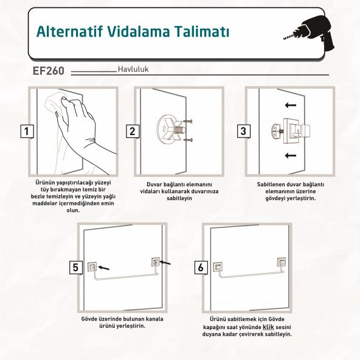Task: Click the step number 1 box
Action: (x=26, y=131)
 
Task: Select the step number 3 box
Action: (x=243, y=131)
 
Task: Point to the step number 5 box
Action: (x=75, y=267)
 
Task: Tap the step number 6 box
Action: (x=199, y=267)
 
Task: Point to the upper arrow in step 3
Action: (x=291, y=105)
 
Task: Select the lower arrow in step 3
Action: (x=291, y=156)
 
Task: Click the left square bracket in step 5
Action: (x=92, y=265)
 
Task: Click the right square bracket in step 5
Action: (x=154, y=261)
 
